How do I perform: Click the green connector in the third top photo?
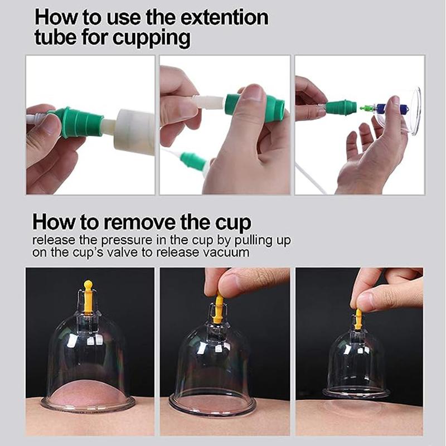(341, 106)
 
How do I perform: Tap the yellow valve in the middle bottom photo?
(219, 308)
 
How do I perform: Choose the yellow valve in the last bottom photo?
(358, 318)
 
